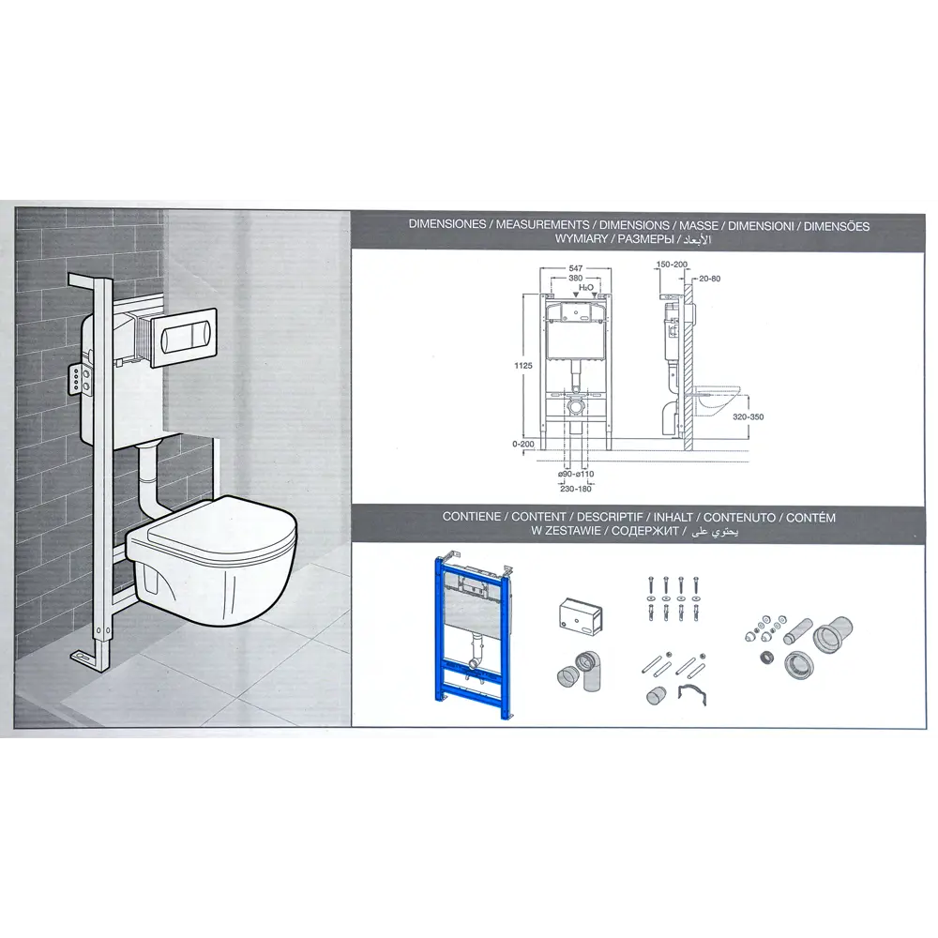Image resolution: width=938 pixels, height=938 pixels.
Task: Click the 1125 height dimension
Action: tap(522, 366)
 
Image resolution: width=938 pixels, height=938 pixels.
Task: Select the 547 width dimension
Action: tap(576, 268)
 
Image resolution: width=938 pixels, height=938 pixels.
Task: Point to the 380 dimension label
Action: tap(576, 279)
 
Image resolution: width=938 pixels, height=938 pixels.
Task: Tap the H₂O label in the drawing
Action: tap(585, 288)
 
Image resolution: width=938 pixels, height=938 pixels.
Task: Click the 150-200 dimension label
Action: tap(672, 264)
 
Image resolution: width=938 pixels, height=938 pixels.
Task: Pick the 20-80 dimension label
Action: tap(710, 279)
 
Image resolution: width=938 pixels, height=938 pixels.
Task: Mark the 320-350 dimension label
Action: tap(749, 417)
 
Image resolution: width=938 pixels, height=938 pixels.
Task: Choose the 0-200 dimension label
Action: tap(523, 444)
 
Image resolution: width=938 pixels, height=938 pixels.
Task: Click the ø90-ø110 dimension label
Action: tap(576, 475)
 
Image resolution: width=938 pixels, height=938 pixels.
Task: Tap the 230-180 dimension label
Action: tap(576, 489)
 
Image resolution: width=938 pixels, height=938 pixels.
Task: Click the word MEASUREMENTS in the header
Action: tap(542, 225)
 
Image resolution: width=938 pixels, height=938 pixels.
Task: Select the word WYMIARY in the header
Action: tap(582, 238)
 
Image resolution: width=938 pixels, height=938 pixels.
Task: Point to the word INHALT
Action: tap(673, 517)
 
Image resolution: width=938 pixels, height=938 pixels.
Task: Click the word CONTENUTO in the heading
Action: tap(739, 518)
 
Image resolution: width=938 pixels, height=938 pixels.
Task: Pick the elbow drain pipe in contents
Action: tap(579, 673)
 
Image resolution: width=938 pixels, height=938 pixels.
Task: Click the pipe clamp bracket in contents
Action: tap(693, 694)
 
